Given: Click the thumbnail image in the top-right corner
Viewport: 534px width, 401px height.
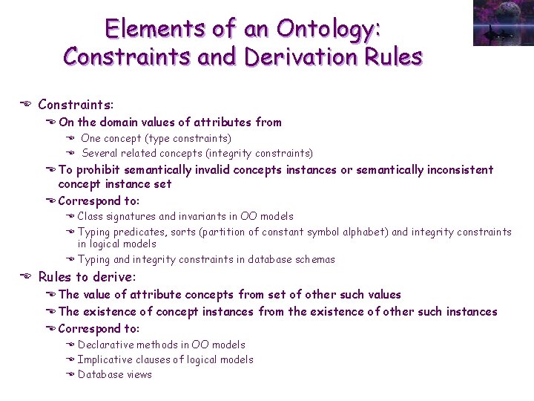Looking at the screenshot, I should click(503, 23).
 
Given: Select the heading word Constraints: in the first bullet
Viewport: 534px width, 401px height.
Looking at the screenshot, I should click(76, 105).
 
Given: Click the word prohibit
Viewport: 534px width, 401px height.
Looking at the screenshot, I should click(101, 169).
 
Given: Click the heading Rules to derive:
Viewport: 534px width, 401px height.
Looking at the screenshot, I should click(87, 277).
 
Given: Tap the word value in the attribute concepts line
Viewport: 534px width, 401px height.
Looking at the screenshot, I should click(99, 294).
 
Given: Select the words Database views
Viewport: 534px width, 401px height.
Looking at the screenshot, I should click(115, 374).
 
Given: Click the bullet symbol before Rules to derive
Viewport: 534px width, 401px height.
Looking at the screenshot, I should click(24, 277).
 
